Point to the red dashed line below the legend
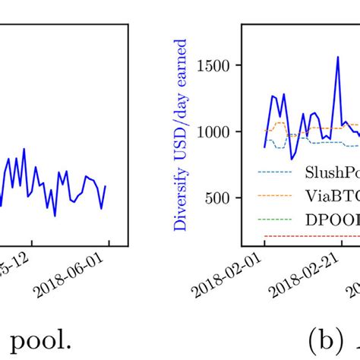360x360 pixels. pyautogui.click(x=304, y=236)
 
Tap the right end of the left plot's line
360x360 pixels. pyautogui.click(x=105, y=185)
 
